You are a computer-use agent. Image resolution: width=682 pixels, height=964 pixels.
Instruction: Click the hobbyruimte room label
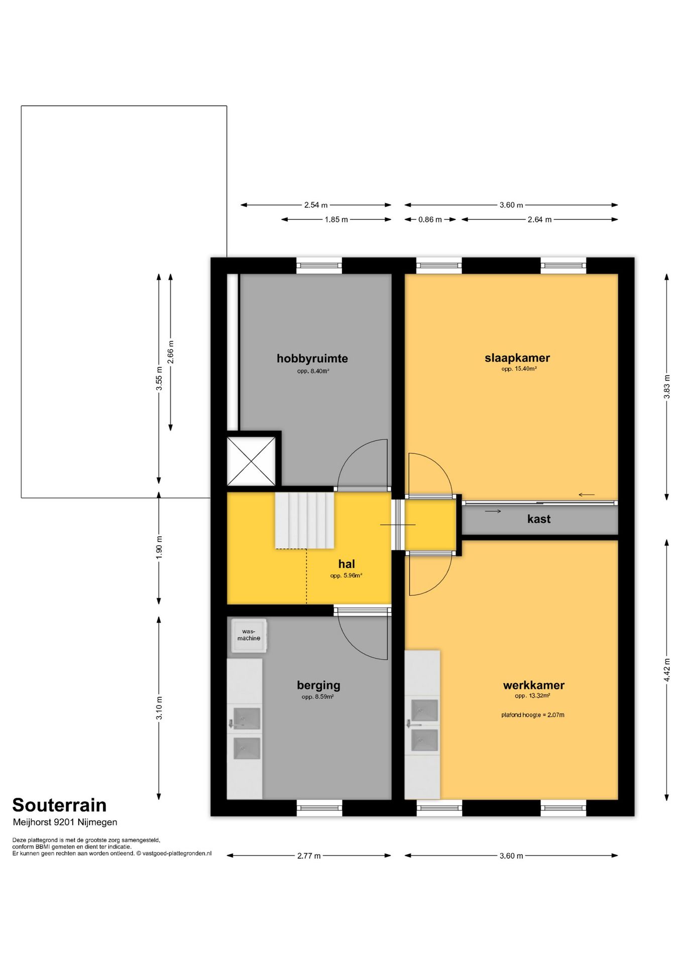(312, 358)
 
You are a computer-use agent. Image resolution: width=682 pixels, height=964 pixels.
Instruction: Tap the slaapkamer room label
(517, 358)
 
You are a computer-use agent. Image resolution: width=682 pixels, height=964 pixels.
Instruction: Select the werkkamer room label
(533, 685)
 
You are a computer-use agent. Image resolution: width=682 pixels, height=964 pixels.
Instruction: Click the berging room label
(318, 685)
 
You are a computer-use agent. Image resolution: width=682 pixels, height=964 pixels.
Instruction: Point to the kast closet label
(538, 519)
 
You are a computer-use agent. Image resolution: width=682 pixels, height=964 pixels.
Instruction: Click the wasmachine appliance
(249, 635)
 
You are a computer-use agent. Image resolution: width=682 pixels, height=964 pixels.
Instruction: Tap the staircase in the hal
(304, 520)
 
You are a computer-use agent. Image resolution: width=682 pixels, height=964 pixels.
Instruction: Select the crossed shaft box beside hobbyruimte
(251, 461)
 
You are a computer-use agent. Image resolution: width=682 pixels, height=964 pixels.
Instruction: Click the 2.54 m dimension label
(315, 205)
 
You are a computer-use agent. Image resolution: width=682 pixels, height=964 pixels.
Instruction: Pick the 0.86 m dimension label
(430, 219)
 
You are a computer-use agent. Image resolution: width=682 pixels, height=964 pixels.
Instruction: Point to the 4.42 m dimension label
(666, 670)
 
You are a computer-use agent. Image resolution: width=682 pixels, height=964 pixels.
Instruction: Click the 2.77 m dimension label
(308, 856)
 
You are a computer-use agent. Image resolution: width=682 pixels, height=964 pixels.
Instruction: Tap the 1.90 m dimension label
(159, 547)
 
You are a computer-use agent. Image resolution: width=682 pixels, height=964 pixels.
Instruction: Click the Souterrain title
(59, 805)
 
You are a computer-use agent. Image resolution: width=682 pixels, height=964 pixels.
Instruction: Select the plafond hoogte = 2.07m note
(532, 715)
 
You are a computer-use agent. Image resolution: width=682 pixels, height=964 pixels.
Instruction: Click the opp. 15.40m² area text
(519, 369)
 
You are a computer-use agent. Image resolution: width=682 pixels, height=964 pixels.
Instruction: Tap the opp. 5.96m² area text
(346, 576)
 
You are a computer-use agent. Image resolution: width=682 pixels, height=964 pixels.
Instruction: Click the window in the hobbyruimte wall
(319, 266)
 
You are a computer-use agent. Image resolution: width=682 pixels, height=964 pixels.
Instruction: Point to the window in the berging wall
(319, 808)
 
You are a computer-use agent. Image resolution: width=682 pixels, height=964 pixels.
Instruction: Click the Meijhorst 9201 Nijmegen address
(65, 822)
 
